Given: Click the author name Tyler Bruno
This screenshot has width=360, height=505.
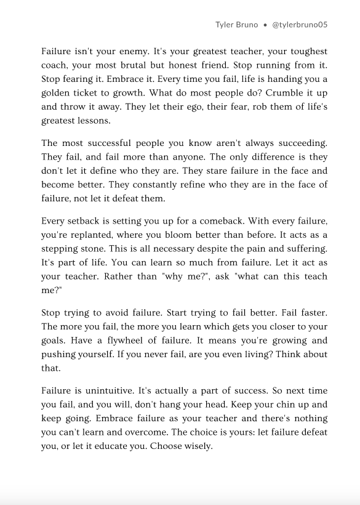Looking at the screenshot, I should coord(236,25).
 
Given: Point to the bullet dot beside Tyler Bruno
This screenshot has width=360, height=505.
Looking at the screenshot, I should coord(264,25).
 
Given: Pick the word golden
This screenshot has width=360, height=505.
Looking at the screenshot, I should coord(57,92).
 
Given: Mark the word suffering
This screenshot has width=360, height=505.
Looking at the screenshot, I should coord(306,248).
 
